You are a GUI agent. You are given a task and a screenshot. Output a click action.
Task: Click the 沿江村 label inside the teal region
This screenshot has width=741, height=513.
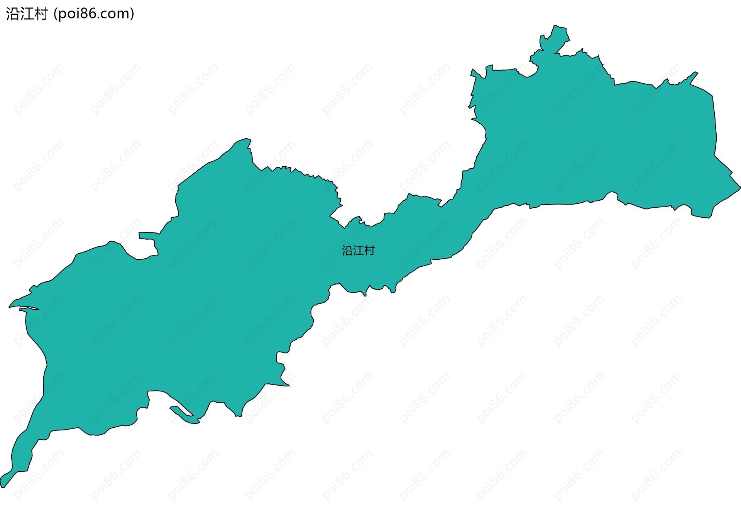pos(358,251)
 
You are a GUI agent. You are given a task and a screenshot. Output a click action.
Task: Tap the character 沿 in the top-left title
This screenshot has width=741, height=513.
pos(12,14)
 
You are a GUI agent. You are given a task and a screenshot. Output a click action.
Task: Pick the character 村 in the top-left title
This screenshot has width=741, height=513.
pos(41,14)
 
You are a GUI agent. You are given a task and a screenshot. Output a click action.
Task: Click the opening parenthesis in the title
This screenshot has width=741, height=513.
pos(56,14)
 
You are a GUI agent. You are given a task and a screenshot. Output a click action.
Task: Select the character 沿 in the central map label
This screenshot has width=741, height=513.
pos(347,251)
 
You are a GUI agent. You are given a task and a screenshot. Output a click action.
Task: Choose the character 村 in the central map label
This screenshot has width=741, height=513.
pos(369,251)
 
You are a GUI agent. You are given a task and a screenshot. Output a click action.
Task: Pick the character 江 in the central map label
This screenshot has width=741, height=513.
pos(358,251)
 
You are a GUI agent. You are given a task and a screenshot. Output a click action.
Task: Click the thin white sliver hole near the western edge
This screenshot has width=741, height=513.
pos(29,308)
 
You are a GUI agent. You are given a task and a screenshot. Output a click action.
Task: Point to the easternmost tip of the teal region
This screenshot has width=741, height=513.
pos(739,187)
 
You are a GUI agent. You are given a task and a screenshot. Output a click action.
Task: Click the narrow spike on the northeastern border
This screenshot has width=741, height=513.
pos(695,73)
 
